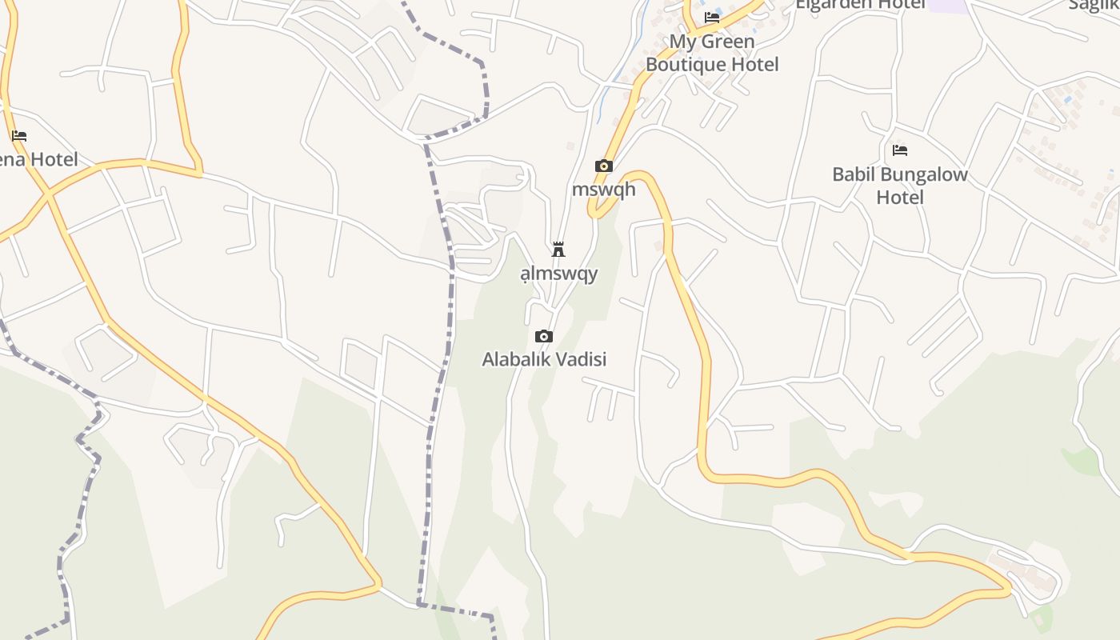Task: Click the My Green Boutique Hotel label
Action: point(711,53)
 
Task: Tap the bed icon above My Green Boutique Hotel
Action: point(712,18)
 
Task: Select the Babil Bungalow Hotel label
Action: point(899,186)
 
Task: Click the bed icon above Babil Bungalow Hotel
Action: point(900,150)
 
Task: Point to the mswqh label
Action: point(604,190)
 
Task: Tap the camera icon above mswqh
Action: point(604,166)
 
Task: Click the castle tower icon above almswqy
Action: point(558,250)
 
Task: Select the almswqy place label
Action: point(559,274)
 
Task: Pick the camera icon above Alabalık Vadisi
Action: point(544,336)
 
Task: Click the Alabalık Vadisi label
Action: point(544,359)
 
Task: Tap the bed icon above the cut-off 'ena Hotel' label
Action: point(19,136)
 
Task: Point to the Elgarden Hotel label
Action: point(860,4)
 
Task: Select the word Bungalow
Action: point(918,174)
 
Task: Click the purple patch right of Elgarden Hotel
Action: point(948,6)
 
